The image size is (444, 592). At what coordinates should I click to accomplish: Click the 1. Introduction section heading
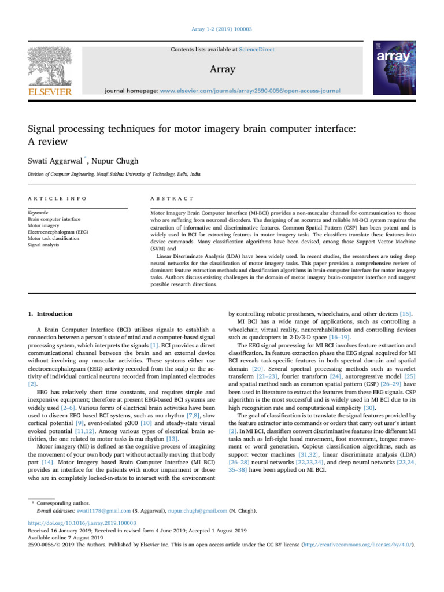pyautogui.click(x=51, y=314)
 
